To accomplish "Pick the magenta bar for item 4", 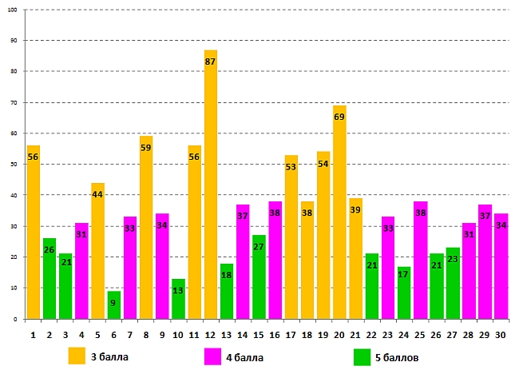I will [x=81, y=271].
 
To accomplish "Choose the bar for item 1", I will [x=34, y=232].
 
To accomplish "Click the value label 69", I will [x=339, y=117].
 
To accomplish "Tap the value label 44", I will [x=97, y=194].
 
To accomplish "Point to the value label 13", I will [x=178, y=290].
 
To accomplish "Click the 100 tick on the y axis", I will [x=14, y=10].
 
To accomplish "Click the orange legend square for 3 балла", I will [x=77, y=356].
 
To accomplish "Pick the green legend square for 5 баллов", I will [x=362, y=356].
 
